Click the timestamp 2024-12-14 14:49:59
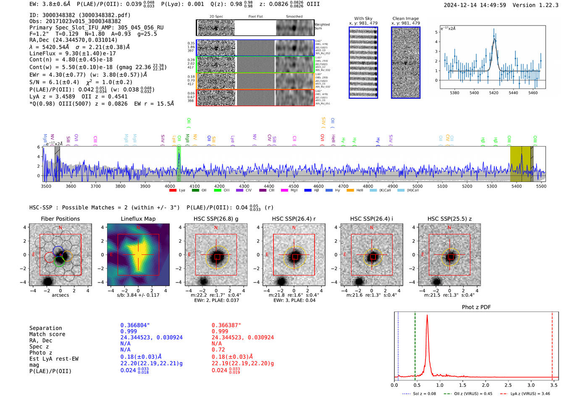[x=475, y=5]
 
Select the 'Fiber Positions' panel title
[x=60, y=219]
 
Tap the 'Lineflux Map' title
[x=138, y=219]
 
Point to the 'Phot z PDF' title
[x=476, y=307]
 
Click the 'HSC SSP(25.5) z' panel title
[x=449, y=219]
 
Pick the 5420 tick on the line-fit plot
[x=493, y=93]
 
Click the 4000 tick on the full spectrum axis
[x=170, y=186]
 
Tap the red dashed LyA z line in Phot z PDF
[x=552, y=344]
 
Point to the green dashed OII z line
[x=415, y=344]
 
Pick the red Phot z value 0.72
[x=218, y=350]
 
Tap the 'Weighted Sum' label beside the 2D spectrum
[x=322, y=26]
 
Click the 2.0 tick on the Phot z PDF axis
[x=485, y=385]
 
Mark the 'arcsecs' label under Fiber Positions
[x=60, y=295]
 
